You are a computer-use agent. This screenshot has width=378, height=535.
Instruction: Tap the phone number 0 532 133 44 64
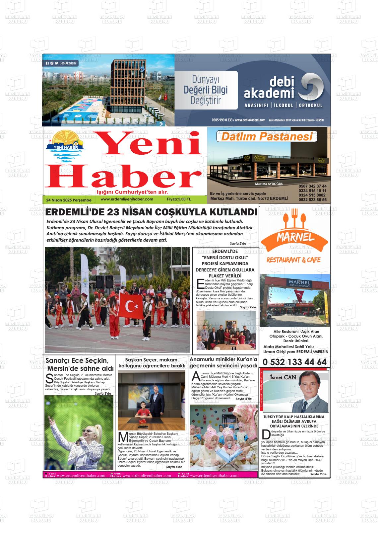(294, 362)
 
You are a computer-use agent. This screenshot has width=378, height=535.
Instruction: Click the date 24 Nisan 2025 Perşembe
(69, 200)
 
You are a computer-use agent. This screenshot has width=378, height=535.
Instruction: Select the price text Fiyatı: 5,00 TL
(179, 199)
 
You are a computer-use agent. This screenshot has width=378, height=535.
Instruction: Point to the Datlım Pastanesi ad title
(267, 136)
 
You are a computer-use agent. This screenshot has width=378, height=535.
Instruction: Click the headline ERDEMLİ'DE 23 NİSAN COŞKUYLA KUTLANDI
(151, 212)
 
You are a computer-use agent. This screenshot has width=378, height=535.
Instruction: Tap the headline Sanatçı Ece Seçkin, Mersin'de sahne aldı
(80, 364)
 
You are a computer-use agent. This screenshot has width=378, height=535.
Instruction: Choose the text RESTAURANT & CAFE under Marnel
(293, 260)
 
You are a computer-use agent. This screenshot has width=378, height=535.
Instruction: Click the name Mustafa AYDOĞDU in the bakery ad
(269, 184)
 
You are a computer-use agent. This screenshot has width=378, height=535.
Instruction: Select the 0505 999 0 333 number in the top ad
(222, 120)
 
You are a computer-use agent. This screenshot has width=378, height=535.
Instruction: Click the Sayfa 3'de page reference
(103, 393)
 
